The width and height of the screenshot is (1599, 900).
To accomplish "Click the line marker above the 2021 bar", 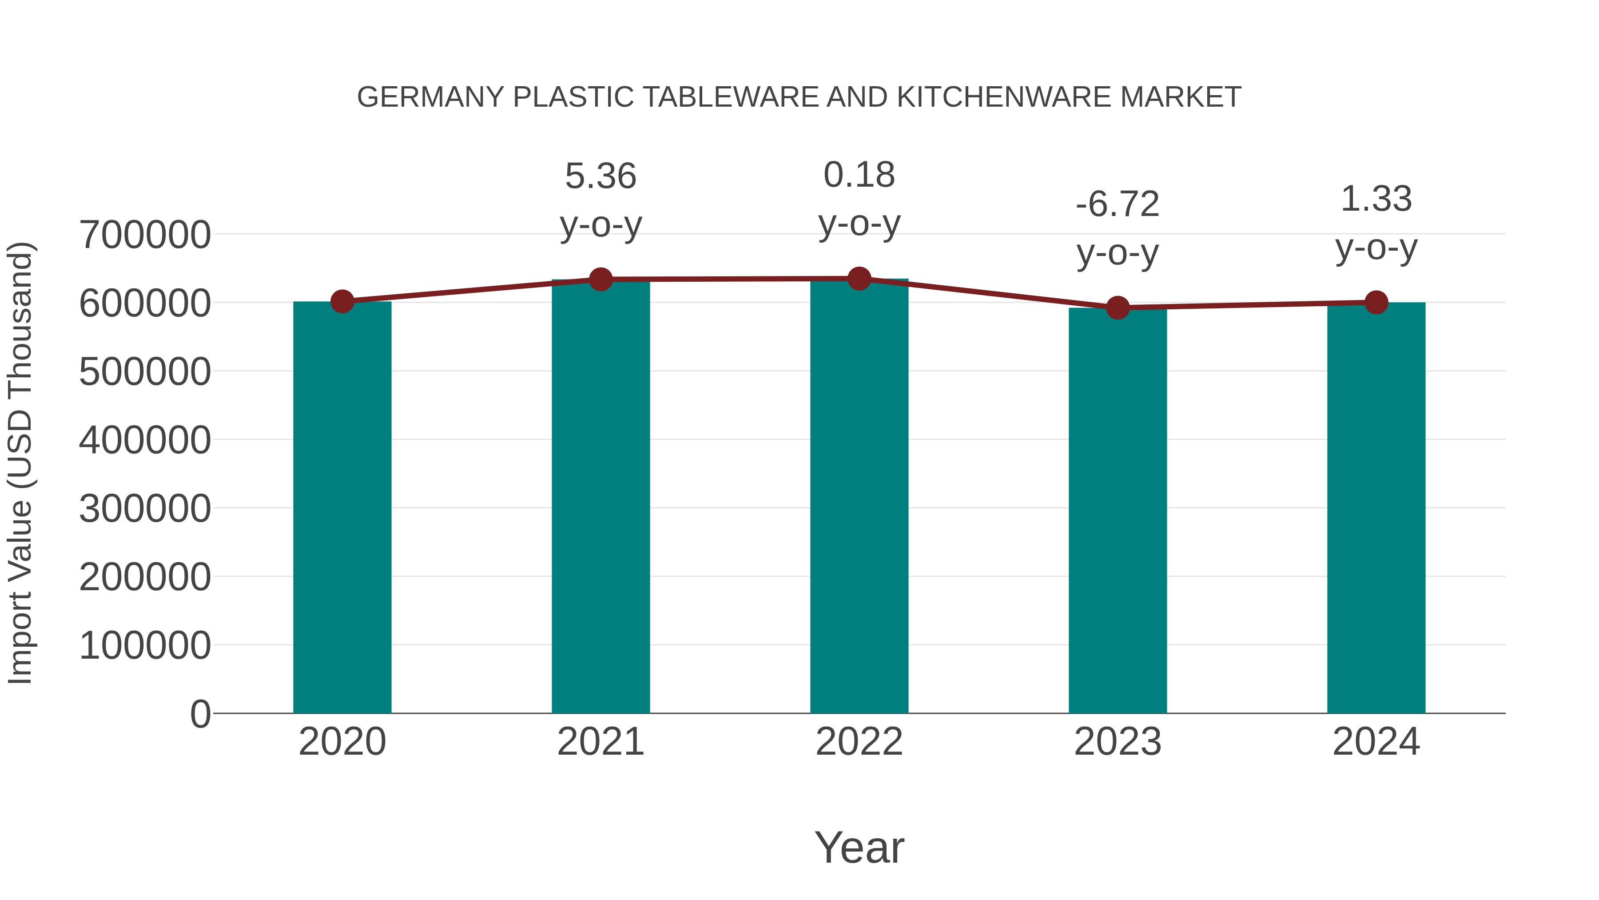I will (600, 280).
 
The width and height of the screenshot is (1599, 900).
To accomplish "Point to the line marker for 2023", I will (1118, 308).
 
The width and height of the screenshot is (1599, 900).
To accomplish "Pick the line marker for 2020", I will (342, 302).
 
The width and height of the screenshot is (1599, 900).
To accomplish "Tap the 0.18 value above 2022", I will (859, 175).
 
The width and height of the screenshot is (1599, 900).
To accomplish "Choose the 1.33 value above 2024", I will (1376, 200).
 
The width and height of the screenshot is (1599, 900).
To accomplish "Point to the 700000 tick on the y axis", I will (145, 236).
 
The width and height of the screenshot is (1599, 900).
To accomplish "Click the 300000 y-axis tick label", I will (145, 509).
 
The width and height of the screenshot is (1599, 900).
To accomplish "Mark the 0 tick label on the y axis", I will (200, 714).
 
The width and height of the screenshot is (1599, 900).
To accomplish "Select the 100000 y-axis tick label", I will (145, 645).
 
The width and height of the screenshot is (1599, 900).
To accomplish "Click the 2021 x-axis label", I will (600, 742).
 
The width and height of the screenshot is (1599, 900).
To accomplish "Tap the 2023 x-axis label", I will (1118, 742).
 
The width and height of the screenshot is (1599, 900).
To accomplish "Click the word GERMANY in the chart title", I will (430, 97).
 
